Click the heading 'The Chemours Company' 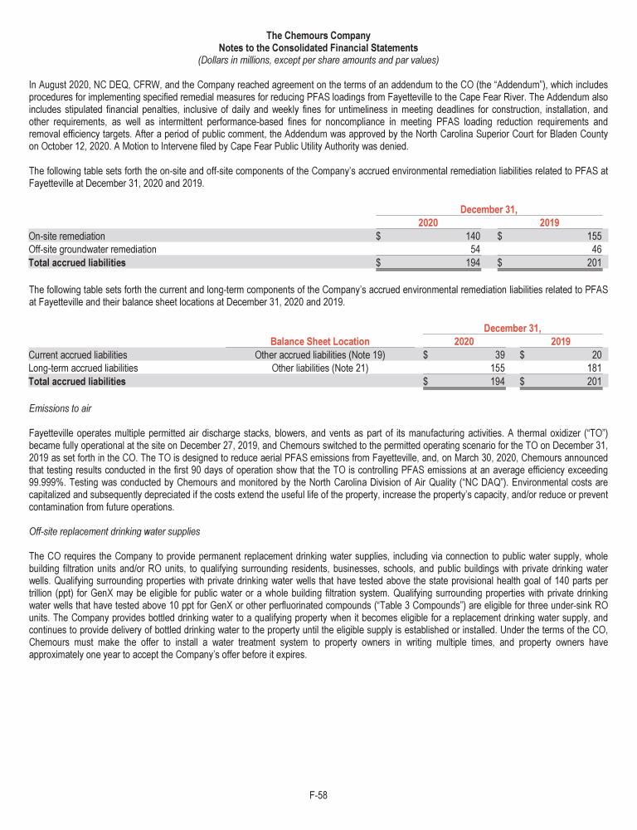pyautogui.click(x=318, y=36)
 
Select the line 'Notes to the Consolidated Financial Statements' pyautogui.click(x=318, y=48)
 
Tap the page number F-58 pyautogui.click(x=318, y=795)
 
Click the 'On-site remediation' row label pyautogui.click(x=66, y=236)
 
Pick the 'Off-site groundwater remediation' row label pyautogui.click(x=92, y=249)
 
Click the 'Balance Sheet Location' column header pyautogui.click(x=320, y=341)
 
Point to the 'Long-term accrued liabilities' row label pyautogui.click(x=83, y=368)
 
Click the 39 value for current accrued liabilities pyautogui.click(x=499, y=354)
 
